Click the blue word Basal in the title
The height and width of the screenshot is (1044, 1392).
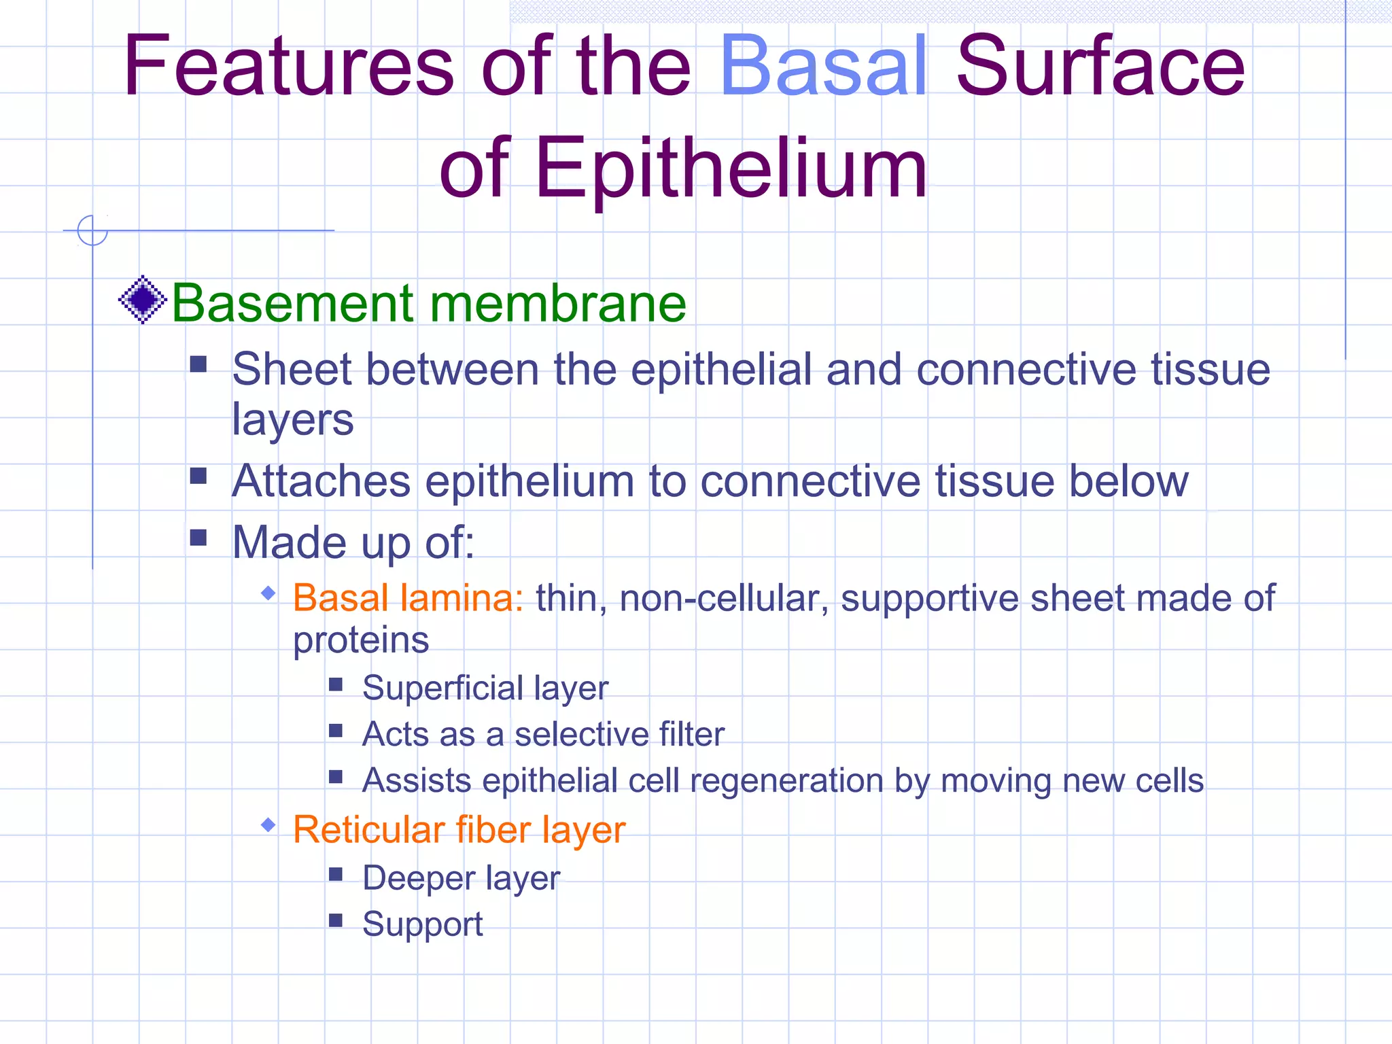[x=823, y=67]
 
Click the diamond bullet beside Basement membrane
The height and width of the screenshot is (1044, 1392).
[x=143, y=300]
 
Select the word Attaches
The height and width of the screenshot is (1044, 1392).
[x=321, y=481]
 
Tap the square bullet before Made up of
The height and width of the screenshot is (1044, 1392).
[x=198, y=538]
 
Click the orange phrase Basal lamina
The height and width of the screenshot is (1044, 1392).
[x=408, y=598]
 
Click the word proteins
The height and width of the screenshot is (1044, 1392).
[x=361, y=640]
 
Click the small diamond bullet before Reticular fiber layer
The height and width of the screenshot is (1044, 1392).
[x=268, y=825]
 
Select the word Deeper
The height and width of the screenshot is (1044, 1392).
[x=418, y=877]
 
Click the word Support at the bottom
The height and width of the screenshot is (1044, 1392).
[x=422, y=924]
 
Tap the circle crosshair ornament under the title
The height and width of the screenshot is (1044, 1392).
[x=92, y=230]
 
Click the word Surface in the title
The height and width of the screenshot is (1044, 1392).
[x=1100, y=67]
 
